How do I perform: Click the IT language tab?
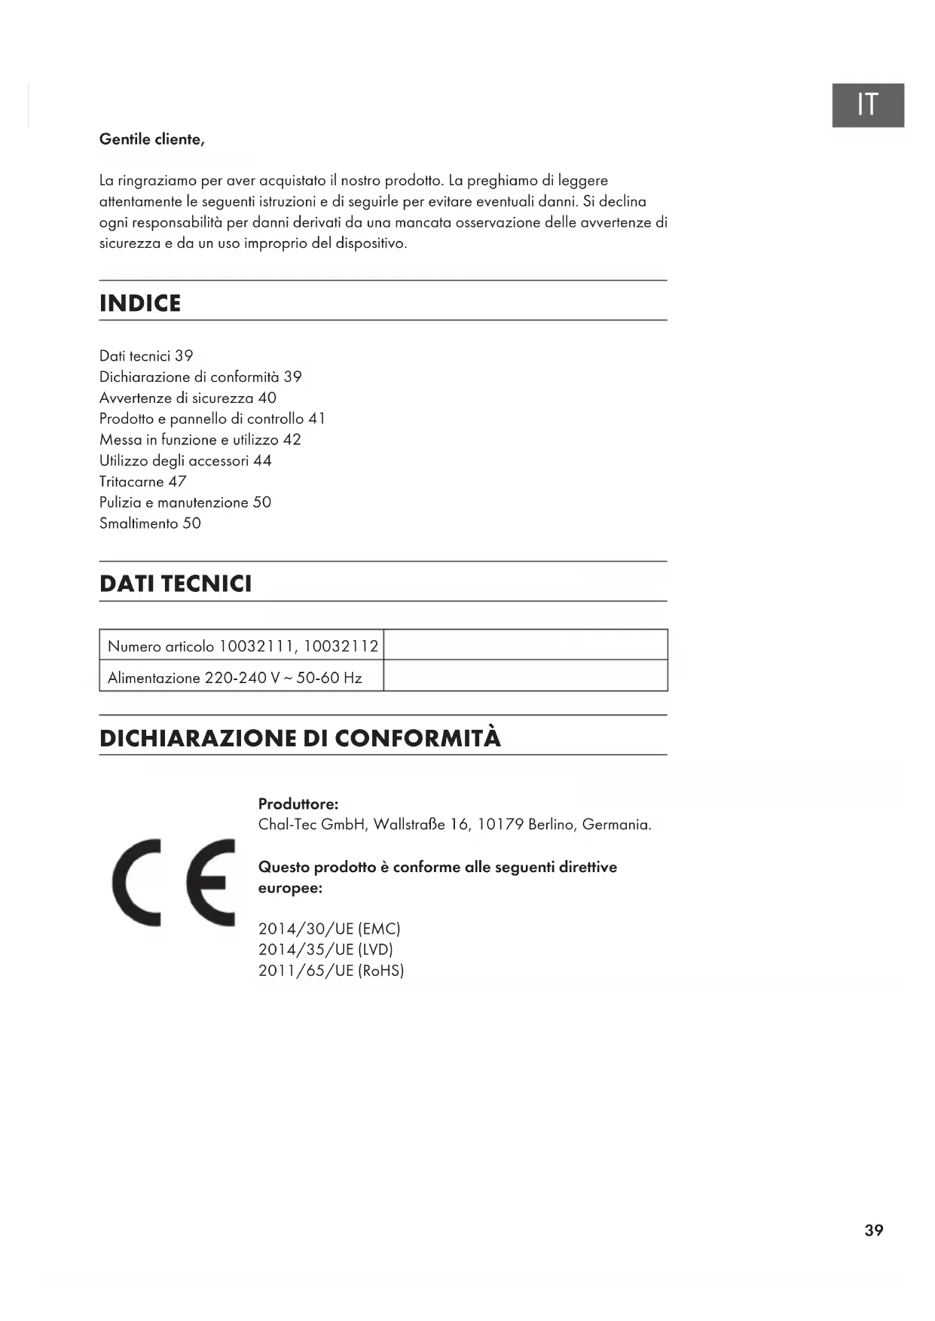click(867, 105)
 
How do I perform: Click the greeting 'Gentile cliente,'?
click(151, 139)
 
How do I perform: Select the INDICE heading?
click(140, 304)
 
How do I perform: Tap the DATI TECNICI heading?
click(176, 584)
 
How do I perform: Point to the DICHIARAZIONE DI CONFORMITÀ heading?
click(300, 738)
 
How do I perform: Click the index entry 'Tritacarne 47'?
click(142, 481)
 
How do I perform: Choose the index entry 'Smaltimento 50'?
click(150, 523)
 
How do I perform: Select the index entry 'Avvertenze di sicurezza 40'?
click(188, 398)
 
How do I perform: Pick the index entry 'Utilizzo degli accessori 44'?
click(185, 460)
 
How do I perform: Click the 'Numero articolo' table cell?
click(243, 646)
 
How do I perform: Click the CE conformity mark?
click(173, 882)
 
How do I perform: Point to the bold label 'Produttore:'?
click(298, 804)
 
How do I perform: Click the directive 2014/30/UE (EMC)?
click(329, 929)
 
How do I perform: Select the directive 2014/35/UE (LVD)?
click(325, 950)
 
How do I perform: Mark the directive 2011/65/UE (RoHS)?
click(331, 971)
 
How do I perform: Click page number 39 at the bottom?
click(873, 1230)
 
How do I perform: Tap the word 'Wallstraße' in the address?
click(409, 825)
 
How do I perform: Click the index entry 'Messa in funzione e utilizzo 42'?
click(200, 440)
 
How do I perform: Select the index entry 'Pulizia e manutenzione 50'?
click(185, 502)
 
